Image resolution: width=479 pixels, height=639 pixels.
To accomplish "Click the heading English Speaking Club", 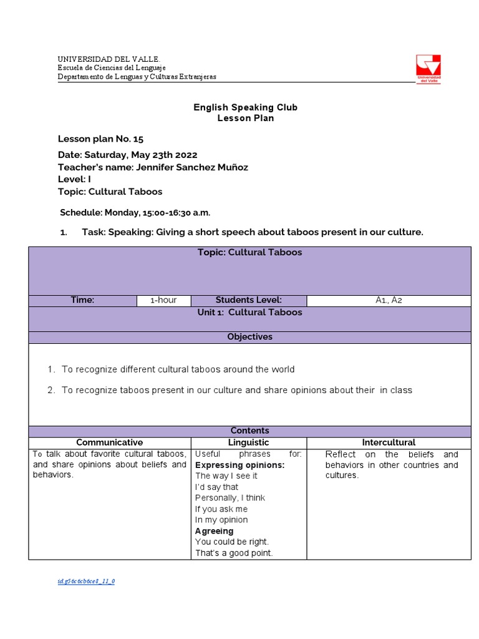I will click(245, 107).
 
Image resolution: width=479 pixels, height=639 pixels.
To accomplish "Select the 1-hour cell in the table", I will click(163, 300).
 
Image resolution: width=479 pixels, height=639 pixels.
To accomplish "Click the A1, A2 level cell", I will click(389, 300).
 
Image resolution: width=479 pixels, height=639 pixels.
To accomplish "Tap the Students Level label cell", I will click(248, 300).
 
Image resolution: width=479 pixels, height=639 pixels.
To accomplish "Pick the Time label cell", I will click(82, 300).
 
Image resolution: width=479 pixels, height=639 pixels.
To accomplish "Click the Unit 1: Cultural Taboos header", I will click(249, 313).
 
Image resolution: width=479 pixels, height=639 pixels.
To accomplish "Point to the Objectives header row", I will click(249, 337).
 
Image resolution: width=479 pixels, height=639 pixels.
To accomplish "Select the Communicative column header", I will click(109, 442).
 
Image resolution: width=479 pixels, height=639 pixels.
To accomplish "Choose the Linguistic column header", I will click(248, 442).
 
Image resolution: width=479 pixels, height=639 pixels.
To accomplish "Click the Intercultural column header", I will click(388, 442).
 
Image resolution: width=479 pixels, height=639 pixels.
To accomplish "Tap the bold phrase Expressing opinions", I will click(239, 465).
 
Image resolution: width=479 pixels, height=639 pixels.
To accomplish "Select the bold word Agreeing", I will click(214, 531).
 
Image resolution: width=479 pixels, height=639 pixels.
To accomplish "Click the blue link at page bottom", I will click(86, 581).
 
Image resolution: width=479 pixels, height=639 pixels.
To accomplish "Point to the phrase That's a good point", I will click(234, 553).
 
